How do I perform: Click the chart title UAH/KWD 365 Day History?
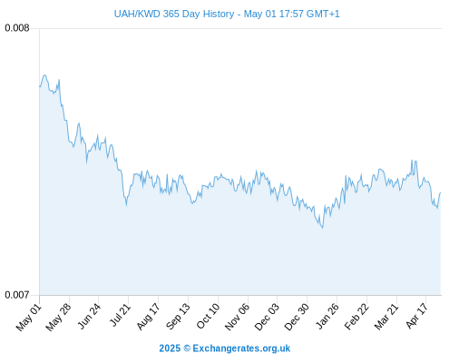coord(174,14)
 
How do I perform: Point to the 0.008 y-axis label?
coord(17,28)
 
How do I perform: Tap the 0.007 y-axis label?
coord(17,295)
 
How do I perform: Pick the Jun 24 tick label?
coord(89,316)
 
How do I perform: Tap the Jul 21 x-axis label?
coord(120,315)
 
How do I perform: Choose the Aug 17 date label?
coord(148,317)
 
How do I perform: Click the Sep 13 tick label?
coord(179,317)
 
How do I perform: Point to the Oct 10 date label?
coord(208,316)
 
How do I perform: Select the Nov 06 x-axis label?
coord(238,317)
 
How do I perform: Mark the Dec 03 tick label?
coord(267,317)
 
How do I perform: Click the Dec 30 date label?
coord(297,317)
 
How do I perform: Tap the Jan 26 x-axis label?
coord(327,316)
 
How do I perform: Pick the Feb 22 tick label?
coord(356,317)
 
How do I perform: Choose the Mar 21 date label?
coord(386,317)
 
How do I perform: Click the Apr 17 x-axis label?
coord(416,316)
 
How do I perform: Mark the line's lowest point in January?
coord(323,228)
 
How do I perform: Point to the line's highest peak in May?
coord(44,75)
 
